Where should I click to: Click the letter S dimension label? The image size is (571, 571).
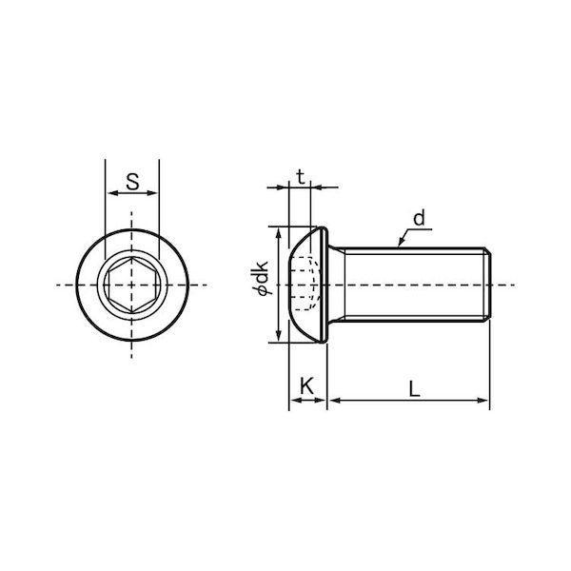pos(132,182)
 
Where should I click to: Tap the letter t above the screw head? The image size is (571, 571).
pos(300,177)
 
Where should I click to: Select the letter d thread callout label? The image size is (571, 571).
pos(420,218)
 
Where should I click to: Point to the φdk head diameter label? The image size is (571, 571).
pos(261,278)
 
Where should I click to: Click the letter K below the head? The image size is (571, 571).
pos(307,386)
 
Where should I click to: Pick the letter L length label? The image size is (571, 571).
pos(414,388)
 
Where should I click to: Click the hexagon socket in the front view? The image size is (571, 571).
pos(132,285)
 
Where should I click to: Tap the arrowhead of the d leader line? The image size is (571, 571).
pos(402,242)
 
